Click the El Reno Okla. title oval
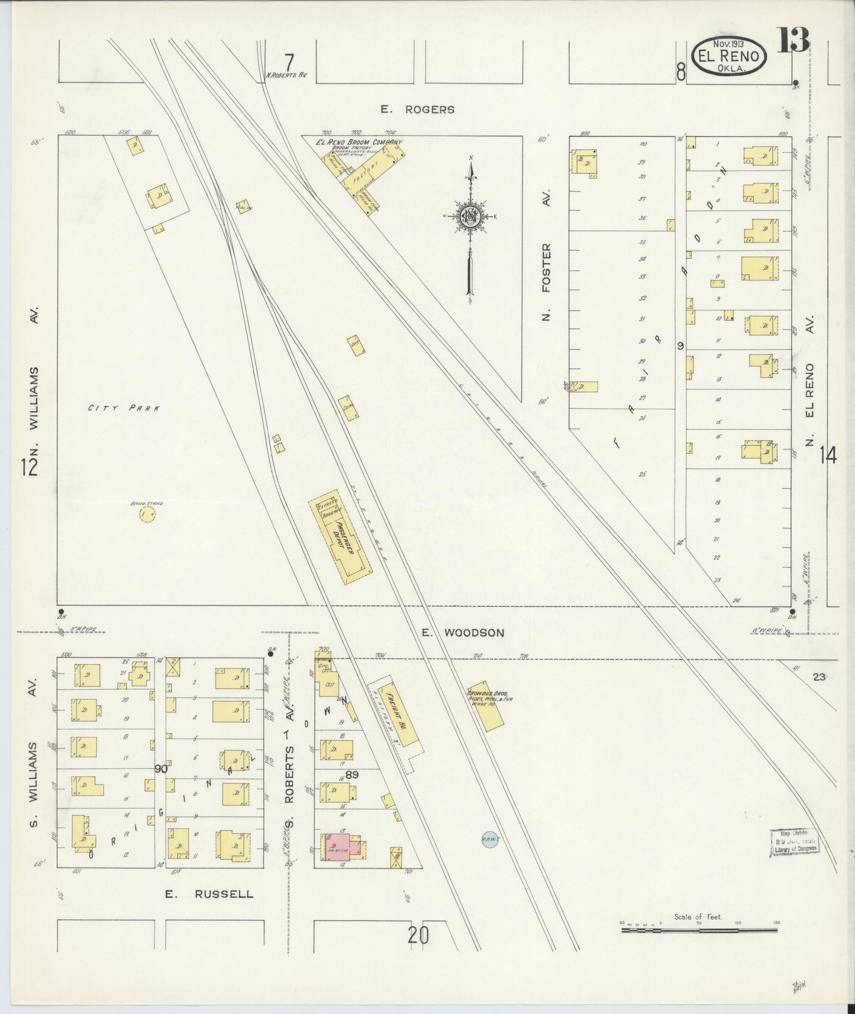728,55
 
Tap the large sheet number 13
793,41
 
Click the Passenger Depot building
340,536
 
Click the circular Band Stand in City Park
147,515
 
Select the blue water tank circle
489,841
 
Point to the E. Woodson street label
463,633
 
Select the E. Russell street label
209,894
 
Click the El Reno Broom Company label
359,143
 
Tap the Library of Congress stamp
795,842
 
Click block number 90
160,769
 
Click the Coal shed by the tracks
349,409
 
